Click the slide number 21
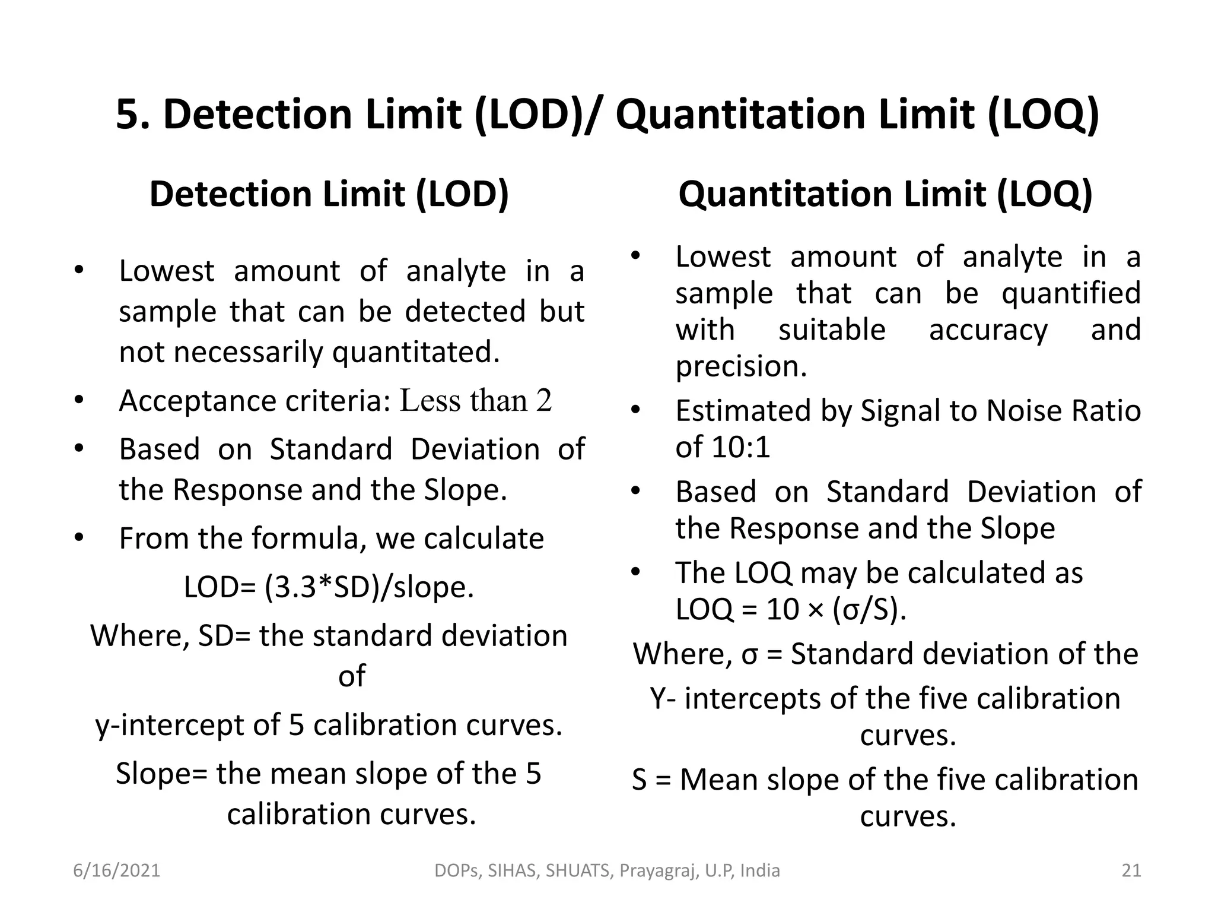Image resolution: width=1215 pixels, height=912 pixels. [x=1131, y=870]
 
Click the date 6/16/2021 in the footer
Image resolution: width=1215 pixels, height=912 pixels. [x=117, y=870]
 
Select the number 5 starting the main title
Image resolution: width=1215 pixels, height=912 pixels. [x=129, y=114]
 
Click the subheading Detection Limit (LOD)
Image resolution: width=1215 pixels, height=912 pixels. [x=329, y=194]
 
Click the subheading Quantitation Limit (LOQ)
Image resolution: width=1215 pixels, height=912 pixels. [x=885, y=194]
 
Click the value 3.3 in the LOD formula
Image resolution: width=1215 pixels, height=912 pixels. [x=291, y=587]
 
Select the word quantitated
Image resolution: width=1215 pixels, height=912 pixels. [x=415, y=352]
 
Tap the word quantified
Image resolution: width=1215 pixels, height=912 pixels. [x=1071, y=293]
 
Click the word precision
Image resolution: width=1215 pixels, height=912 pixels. [x=741, y=366]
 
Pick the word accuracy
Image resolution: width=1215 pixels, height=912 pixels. [x=988, y=330]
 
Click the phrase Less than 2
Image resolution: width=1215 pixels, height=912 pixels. [x=476, y=401]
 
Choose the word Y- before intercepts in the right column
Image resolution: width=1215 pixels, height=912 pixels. [x=663, y=698]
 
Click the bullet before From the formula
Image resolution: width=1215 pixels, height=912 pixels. [x=79, y=539]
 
